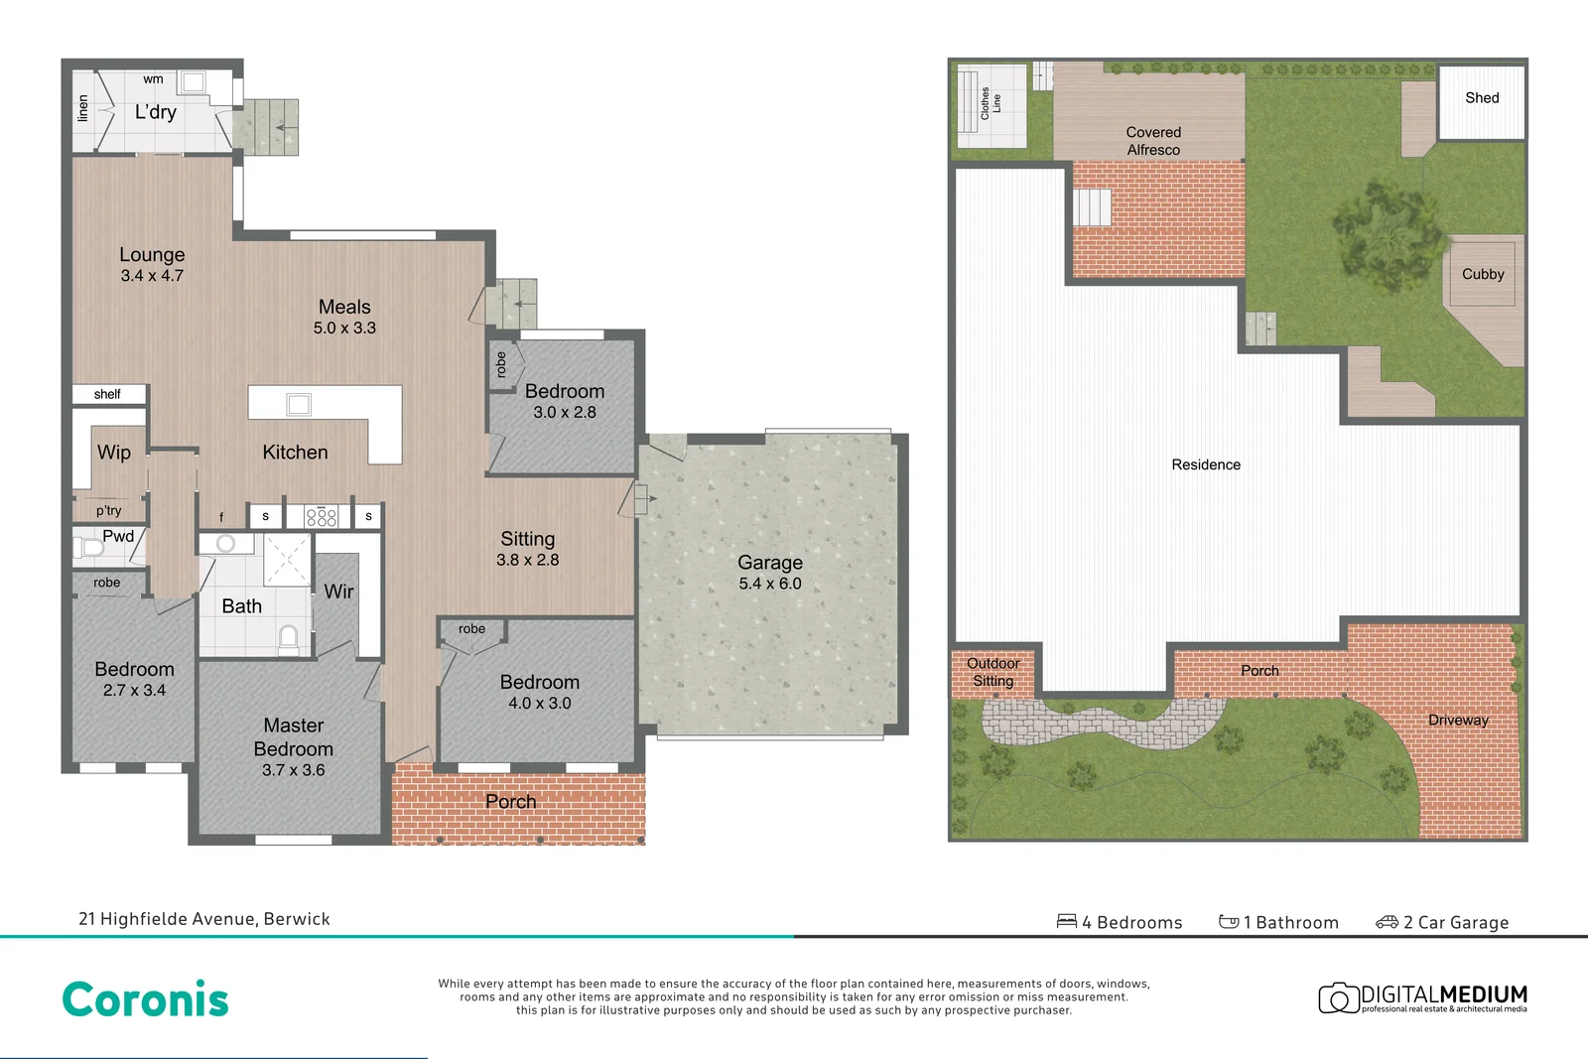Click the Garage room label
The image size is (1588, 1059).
coord(770,563)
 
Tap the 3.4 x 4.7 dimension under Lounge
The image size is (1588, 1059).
coord(152,276)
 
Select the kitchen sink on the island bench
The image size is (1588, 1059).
coord(299,404)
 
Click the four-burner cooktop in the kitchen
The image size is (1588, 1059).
coord(322,516)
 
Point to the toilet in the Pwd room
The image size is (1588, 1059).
coord(91,548)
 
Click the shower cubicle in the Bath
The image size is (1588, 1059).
coord(287,560)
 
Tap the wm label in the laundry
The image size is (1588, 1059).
coord(153,79)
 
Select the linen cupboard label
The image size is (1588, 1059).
coord(83,108)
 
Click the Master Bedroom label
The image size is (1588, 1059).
coord(293,737)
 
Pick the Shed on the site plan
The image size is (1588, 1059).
coord(1482,98)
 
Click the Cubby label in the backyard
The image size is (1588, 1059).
coord(1483,274)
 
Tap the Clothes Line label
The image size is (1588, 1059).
coord(991,103)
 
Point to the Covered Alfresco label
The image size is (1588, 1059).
coord(1153,141)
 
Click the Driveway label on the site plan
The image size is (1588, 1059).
coord(1458,721)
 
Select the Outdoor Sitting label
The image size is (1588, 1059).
coord(993,672)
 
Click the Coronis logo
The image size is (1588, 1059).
coord(146,999)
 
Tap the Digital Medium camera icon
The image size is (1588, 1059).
coord(1338,997)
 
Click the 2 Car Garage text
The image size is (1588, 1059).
coord(1455,922)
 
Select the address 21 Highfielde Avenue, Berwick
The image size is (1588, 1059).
coord(204,919)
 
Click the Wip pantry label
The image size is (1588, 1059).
coord(114,453)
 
